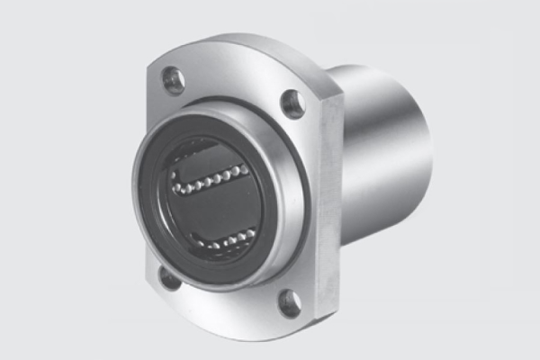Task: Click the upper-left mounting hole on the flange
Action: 173,80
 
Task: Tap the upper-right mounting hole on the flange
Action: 292,103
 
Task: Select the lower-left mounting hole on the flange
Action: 170,277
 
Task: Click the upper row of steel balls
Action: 209,178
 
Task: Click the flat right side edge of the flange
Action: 329,207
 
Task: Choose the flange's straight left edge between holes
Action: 147,180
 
